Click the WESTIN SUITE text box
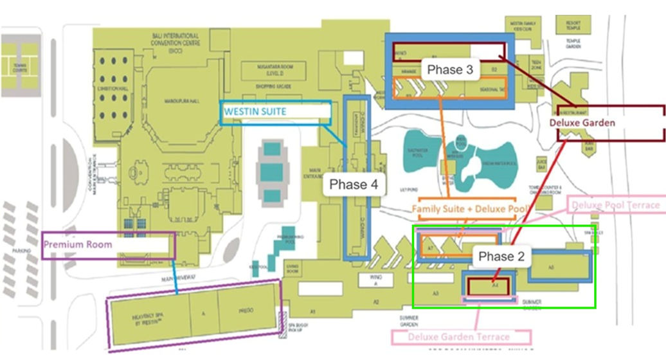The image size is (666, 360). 276,112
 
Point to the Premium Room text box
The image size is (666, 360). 108,245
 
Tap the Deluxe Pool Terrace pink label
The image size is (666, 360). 615,205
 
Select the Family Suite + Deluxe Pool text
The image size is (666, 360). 469,210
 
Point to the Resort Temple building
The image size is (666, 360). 573,26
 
